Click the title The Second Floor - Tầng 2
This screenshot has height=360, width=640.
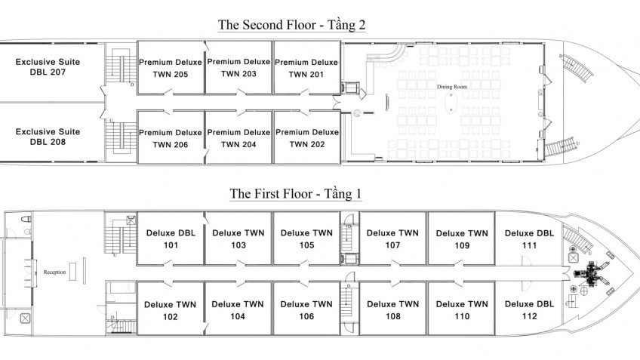(x=291, y=25)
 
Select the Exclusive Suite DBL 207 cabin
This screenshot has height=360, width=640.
(x=48, y=67)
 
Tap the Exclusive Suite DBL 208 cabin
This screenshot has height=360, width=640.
(x=48, y=136)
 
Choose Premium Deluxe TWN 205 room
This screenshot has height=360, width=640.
(x=170, y=68)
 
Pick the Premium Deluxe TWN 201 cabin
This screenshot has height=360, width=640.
(x=306, y=68)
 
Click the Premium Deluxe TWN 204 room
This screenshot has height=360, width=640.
(x=238, y=138)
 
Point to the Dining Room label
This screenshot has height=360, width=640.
(x=450, y=87)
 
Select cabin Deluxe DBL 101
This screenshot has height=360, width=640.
(x=170, y=239)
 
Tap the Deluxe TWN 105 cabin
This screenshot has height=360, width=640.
(x=306, y=239)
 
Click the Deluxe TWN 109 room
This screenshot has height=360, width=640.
(x=461, y=239)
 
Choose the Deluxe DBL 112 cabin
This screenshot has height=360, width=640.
(x=529, y=309)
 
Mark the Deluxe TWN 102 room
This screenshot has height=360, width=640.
(x=170, y=310)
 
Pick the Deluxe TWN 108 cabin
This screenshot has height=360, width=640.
(x=392, y=310)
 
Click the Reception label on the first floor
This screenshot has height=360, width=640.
(x=55, y=272)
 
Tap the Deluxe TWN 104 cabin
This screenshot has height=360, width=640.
(x=238, y=310)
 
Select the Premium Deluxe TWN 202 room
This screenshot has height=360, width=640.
(x=306, y=138)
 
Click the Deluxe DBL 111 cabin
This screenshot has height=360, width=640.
(x=529, y=239)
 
